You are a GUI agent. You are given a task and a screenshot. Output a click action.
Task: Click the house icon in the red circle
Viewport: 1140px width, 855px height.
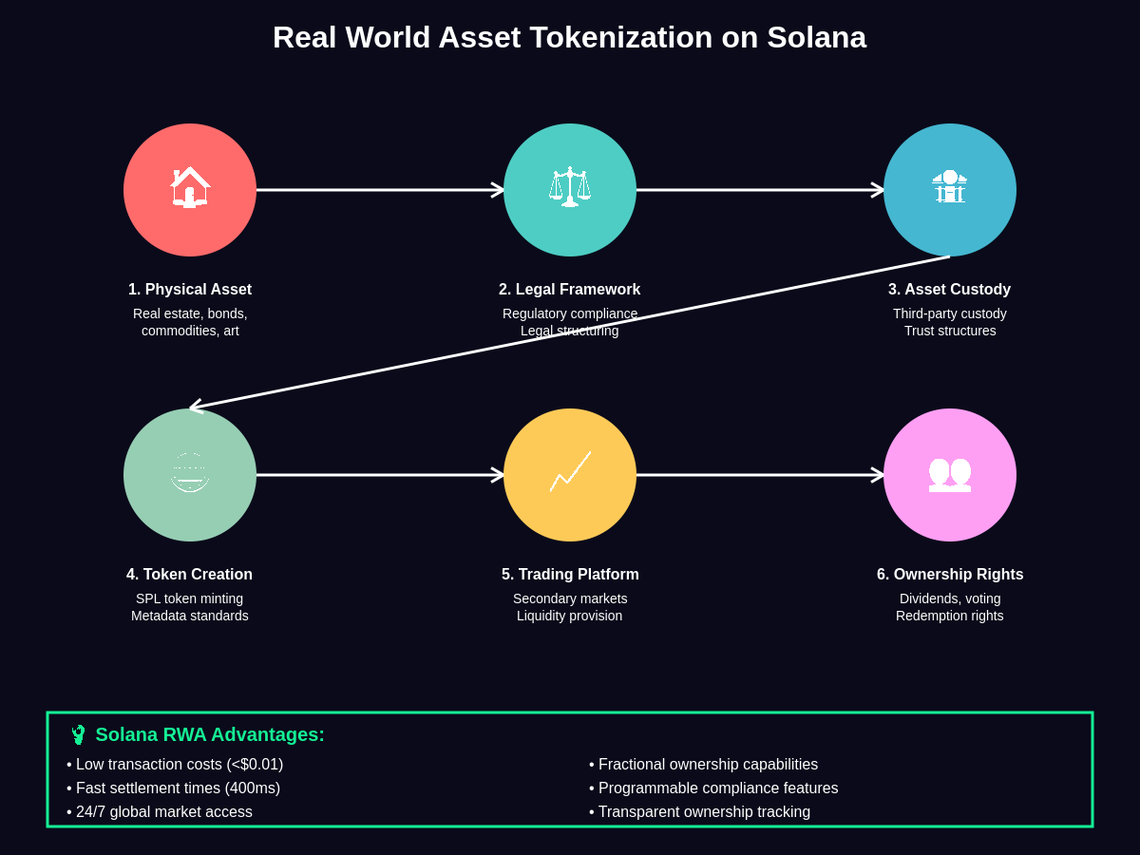coord(190,187)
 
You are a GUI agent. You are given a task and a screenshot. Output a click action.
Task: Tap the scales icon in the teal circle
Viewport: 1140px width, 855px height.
coord(570,187)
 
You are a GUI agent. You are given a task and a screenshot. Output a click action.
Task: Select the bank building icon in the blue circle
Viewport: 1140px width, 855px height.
coord(950,187)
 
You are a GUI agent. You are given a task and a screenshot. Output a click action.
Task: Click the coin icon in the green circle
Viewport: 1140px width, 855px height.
coord(190,472)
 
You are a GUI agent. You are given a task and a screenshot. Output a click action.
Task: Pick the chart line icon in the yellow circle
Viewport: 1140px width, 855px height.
coord(570,472)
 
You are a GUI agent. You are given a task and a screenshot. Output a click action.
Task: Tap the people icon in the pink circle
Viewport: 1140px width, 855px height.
coord(950,473)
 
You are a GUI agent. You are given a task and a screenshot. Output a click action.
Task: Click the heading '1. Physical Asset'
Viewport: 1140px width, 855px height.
coord(190,290)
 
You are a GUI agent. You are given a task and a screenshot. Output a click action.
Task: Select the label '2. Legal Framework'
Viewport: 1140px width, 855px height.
coord(570,290)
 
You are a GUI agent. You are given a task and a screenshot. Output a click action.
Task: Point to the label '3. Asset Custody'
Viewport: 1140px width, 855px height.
coord(950,290)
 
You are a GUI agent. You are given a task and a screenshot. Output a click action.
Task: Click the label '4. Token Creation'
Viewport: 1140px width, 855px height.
coord(190,575)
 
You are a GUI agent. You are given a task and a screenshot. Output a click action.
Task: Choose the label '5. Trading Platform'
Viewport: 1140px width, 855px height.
coord(570,575)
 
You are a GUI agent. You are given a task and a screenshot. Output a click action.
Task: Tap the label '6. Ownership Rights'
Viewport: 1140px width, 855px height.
coord(950,575)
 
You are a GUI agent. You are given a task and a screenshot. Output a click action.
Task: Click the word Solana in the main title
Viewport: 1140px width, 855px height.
coord(816,37)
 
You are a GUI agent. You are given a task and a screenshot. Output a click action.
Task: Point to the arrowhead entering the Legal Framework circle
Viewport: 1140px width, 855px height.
coord(498,190)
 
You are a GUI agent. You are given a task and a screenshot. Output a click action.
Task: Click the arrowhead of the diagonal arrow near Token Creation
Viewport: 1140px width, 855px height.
coord(196,408)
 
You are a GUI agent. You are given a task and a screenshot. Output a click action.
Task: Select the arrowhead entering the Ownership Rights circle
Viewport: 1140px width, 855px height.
coord(878,475)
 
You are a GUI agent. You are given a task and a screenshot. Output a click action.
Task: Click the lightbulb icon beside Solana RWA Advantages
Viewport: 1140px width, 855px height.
coord(78,734)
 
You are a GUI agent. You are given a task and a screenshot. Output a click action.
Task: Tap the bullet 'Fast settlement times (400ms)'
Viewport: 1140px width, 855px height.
coord(178,788)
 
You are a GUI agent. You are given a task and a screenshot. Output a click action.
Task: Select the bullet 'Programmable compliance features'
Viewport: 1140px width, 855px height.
coord(718,788)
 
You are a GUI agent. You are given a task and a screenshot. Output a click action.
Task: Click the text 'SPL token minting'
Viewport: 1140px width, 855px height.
coord(190,598)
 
